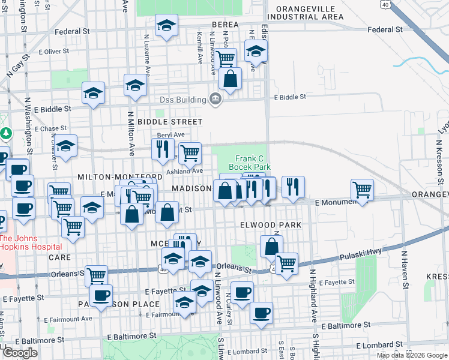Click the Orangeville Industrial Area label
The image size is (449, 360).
point(306,13)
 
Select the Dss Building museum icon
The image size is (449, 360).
point(215,99)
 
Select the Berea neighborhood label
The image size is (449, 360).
point(225,25)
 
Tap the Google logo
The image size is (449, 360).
point(20,353)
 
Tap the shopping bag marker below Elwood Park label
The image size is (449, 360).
point(271,246)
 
